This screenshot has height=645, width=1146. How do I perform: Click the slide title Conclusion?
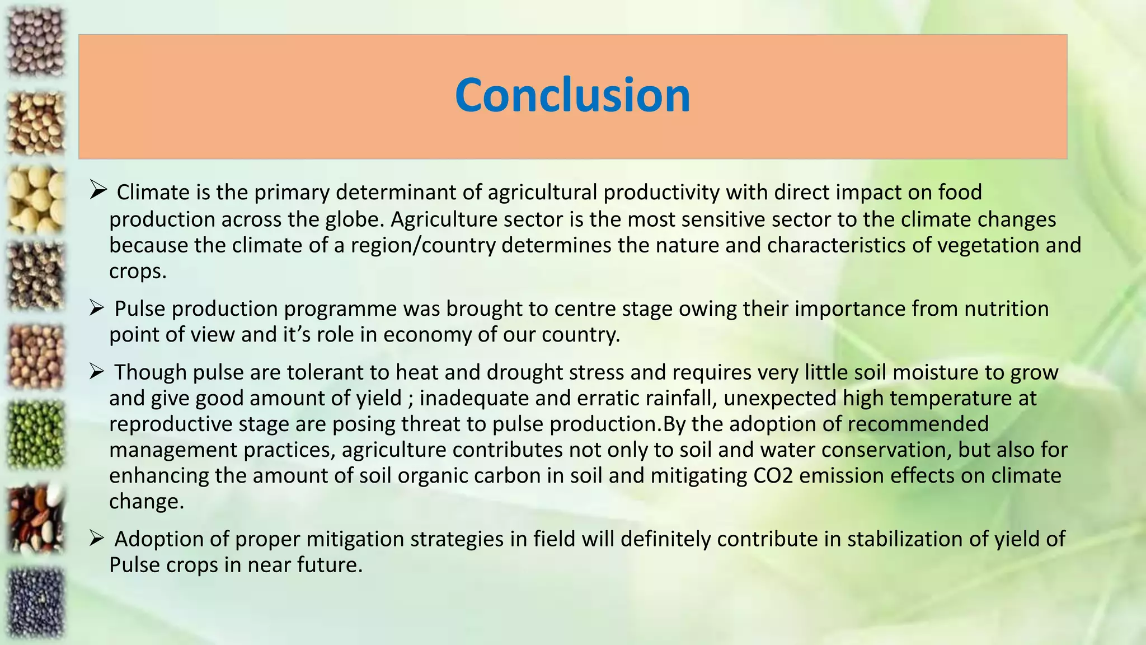tap(572, 95)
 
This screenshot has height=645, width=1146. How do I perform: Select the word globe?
tap(355, 219)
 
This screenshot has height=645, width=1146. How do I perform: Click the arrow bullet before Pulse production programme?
tap(97, 307)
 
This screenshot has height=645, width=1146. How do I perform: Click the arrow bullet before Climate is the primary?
tap(98, 190)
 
